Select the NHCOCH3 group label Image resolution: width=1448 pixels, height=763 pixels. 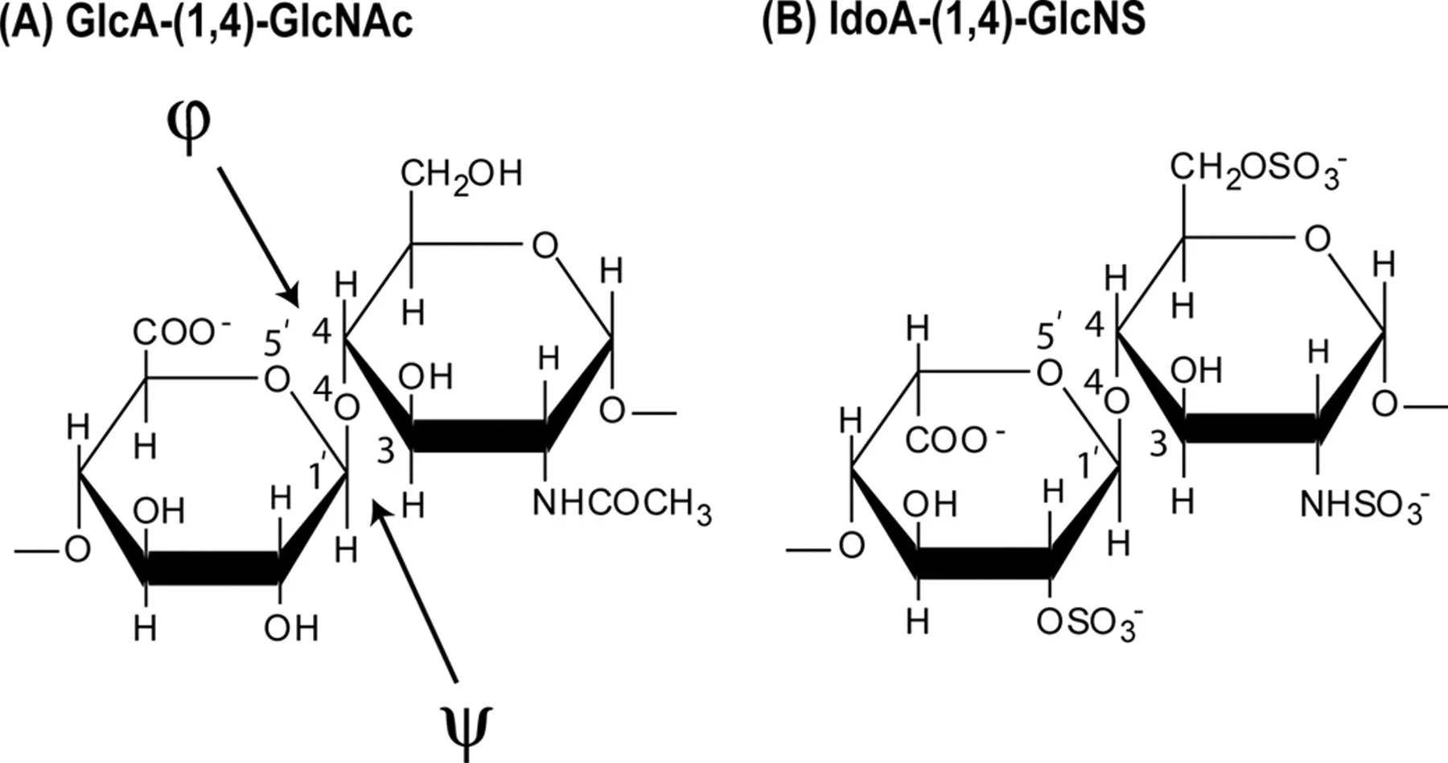point(622,506)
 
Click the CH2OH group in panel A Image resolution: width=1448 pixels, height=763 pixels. point(461,175)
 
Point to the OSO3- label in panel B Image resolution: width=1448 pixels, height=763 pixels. point(1089,624)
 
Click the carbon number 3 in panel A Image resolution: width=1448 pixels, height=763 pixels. point(386,452)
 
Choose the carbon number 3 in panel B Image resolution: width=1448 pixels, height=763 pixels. point(1158,443)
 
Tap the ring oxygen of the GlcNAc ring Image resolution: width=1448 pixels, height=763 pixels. point(545,245)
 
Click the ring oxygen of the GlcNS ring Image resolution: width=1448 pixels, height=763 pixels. point(1316,239)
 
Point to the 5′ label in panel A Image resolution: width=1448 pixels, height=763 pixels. point(276,341)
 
